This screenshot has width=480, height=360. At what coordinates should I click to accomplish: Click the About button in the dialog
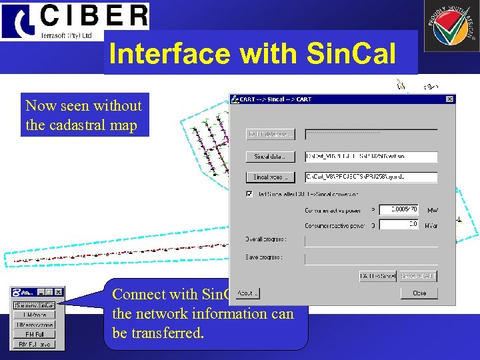[247, 293]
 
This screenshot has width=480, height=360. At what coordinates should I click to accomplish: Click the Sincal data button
[270, 157]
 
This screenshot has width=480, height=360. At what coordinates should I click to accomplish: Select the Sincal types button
[270, 177]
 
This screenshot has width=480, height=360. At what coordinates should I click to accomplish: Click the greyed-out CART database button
[270, 135]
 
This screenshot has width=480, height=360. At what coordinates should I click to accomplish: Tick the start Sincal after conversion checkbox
[249, 194]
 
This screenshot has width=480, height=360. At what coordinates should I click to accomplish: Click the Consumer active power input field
[398, 209]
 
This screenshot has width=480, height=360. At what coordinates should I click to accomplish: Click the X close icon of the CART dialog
[450, 99]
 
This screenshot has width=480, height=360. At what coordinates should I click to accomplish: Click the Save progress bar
[371, 259]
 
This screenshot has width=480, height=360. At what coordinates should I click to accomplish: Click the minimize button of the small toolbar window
[41, 292]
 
